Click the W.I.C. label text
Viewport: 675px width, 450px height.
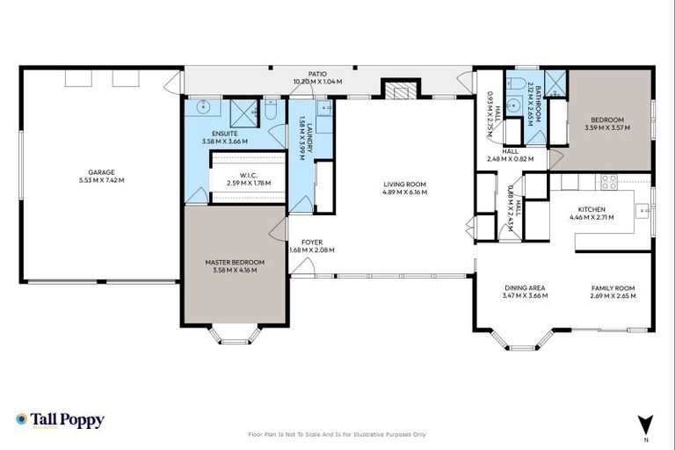coord(249,175)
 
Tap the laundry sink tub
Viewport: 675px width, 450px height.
coord(323,109)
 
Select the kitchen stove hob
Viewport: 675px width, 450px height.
coord(607,182)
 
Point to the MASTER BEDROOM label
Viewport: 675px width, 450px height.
coord(235,262)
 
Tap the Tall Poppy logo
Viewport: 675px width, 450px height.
coord(60,420)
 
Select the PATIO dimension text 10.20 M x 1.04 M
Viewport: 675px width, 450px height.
coord(317,82)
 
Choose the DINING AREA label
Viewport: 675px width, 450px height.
coord(525,287)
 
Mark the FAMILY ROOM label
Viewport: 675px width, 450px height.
coord(612,287)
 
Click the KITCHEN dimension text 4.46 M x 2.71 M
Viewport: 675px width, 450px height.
coord(592,216)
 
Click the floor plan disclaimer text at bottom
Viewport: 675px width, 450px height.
coord(337,434)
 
